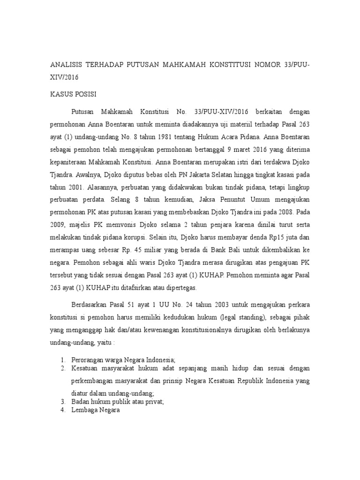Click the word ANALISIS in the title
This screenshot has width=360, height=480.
(67, 64)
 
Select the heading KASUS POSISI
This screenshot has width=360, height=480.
(73, 94)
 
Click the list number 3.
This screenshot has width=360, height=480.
(62, 402)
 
